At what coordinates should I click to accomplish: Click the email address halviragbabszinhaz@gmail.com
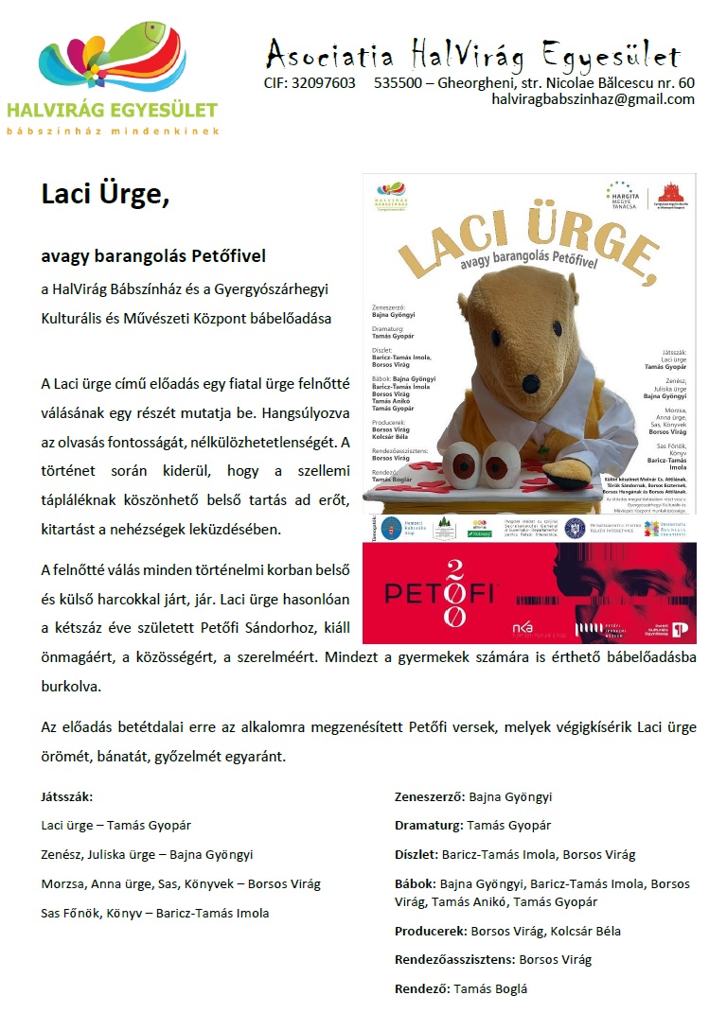tap(593, 99)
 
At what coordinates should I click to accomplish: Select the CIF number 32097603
tap(325, 83)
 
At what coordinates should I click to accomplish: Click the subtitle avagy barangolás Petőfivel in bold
tap(153, 255)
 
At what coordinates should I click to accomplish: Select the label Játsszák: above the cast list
tap(67, 797)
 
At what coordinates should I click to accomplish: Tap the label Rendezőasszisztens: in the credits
tap(454, 959)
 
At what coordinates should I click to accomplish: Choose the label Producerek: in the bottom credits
tap(430, 931)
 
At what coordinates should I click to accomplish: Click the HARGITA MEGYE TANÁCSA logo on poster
tap(622, 194)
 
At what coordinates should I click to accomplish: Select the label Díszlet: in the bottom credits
tap(417, 854)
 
